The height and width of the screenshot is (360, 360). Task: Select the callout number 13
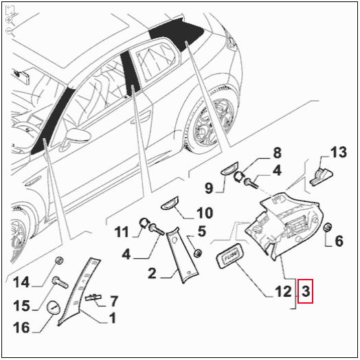339,152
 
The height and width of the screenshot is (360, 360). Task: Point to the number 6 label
338,240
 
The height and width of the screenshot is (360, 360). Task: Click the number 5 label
202,230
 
